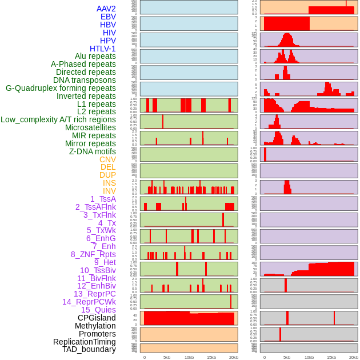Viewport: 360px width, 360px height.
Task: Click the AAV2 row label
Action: [106, 9]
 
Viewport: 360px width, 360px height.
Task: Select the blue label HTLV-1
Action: [102, 49]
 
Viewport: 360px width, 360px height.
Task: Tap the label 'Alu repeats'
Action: [95, 56]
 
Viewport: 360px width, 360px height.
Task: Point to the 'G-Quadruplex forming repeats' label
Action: [61, 88]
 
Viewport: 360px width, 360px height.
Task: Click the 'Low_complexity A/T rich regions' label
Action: [58, 119]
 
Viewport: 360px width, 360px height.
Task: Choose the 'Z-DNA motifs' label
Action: [92, 151]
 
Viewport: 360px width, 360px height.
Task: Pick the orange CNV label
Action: [107, 159]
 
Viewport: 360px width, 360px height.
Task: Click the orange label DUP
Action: [107, 175]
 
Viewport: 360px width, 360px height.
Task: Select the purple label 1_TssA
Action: [103, 199]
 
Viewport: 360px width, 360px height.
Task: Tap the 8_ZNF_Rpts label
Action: [93, 254]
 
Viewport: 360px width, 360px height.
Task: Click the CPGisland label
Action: [97, 318]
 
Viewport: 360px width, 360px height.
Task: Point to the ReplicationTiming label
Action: [85, 342]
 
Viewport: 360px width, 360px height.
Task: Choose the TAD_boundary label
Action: [89, 349]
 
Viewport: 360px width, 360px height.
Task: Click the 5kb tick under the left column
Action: [167, 357]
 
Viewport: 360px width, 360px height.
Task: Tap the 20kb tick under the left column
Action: [233, 357]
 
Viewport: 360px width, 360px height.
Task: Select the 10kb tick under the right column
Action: [309, 357]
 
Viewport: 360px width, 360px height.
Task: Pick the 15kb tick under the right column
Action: [331, 357]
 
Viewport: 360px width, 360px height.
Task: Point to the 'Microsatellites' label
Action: [90, 127]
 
